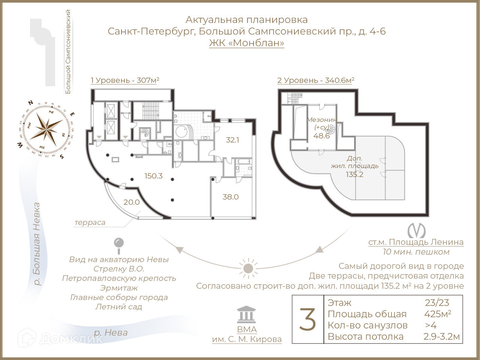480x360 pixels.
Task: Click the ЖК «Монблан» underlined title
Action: (x=246, y=43)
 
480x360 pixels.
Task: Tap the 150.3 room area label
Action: (x=154, y=175)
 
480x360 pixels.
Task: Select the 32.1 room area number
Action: (x=232, y=140)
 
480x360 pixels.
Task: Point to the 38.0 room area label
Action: (x=230, y=197)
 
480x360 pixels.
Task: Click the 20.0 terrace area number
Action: (x=132, y=202)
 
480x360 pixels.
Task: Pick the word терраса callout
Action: (x=90, y=222)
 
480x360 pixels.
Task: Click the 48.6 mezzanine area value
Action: (x=322, y=136)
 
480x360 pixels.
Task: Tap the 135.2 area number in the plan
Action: (x=355, y=174)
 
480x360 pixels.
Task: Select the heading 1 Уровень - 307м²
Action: (x=125, y=80)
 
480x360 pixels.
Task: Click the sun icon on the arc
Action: (x=247, y=268)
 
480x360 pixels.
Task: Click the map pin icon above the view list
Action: (x=119, y=244)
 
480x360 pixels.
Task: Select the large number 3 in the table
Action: (x=308, y=319)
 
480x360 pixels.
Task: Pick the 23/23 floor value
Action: (x=437, y=303)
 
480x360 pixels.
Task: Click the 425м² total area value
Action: (x=438, y=314)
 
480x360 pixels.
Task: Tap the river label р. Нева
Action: (x=111, y=332)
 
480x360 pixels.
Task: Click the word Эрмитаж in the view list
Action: (x=119, y=288)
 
